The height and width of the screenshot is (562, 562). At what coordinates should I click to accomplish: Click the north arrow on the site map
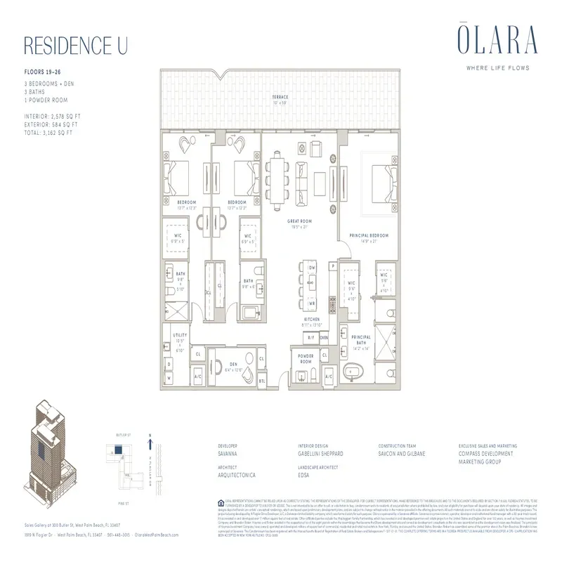click(150, 443)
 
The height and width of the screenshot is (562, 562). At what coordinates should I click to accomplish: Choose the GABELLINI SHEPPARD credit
click(325, 454)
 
